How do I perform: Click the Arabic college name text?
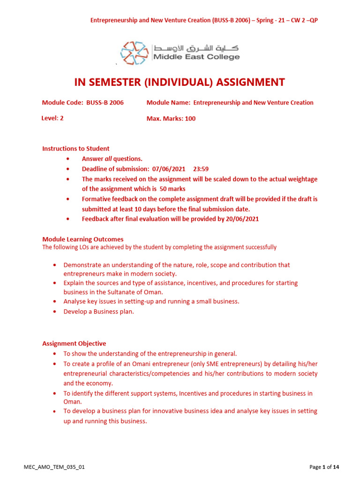196,48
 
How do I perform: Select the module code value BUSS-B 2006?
105,103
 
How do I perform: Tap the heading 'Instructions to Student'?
76,149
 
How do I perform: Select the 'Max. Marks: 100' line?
171,119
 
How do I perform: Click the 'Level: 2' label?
52,118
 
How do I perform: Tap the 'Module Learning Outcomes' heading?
83,239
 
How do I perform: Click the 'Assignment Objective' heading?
74,344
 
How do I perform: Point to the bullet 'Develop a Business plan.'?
99,312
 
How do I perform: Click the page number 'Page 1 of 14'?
324,467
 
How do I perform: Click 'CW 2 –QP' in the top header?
306,21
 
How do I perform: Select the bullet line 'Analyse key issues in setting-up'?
151,301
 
